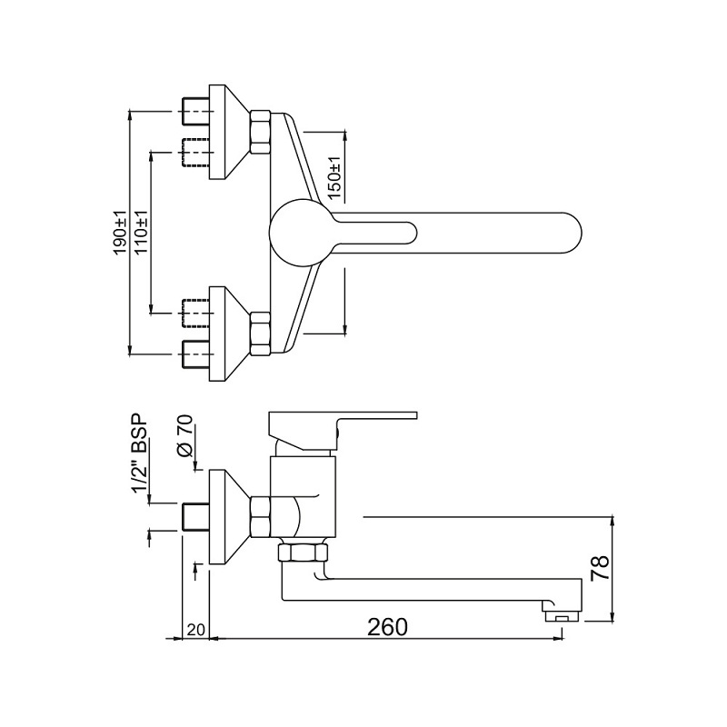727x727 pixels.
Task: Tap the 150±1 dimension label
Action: (334, 179)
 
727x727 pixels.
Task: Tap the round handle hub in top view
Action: (301, 232)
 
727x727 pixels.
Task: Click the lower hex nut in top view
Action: (260, 334)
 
